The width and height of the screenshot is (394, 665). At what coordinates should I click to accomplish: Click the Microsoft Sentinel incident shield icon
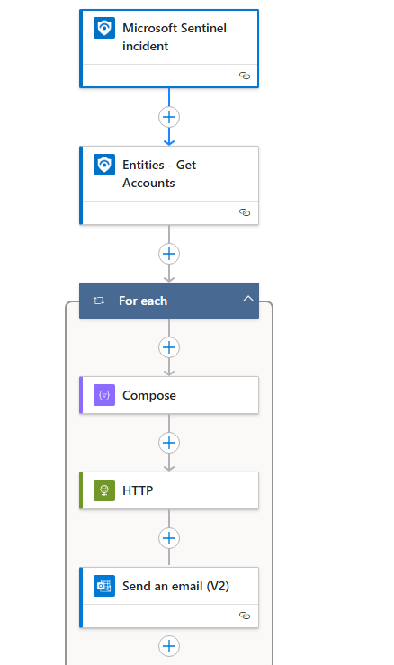coord(104,28)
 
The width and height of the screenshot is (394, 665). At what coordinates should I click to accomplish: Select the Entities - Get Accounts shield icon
coord(104,165)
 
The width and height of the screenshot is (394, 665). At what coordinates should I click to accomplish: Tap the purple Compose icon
coord(104,395)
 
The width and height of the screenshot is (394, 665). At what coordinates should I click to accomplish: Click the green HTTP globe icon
coord(104,490)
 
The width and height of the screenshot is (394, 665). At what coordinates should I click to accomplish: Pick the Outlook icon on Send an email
coord(104,586)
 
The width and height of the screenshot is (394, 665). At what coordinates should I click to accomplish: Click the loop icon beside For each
coord(99,301)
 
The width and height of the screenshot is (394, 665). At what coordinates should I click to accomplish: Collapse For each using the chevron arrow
coord(248,299)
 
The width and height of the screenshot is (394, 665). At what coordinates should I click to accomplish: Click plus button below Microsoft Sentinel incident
coord(169,117)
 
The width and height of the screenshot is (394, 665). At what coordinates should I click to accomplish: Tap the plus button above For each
coord(169,254)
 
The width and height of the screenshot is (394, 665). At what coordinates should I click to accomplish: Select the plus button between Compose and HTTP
coord(169,443)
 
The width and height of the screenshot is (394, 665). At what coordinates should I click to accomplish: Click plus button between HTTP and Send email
coord(169,538)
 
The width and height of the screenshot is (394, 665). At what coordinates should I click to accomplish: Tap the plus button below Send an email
coord(169,646)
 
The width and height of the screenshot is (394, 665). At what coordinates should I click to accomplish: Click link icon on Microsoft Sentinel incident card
coord(245,76)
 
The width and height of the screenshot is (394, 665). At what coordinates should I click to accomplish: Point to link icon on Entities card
coord(245,212)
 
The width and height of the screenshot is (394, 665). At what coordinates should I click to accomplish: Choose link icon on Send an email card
coord(245,616)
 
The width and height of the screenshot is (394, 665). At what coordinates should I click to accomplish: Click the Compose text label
coord(149,395)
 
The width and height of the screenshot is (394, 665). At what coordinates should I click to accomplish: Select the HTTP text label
coord(138,490)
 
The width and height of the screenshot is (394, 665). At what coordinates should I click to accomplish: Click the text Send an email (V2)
coord(176,586)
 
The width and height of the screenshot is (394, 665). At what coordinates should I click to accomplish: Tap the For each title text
coord(143,301)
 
